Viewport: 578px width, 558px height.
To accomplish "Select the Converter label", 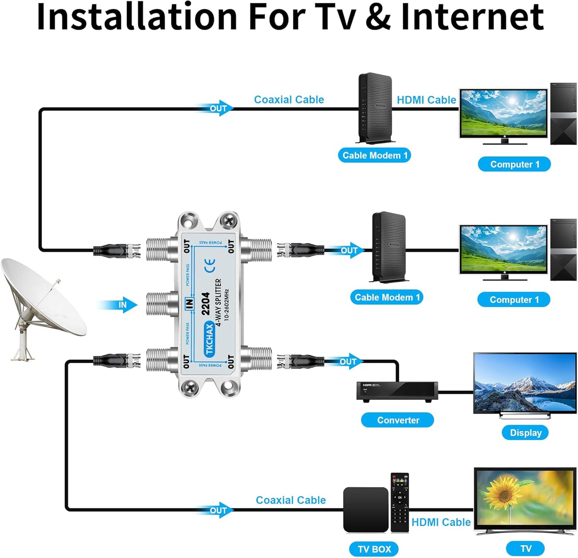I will pos(397,420).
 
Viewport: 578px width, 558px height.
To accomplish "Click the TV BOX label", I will pos(374,549).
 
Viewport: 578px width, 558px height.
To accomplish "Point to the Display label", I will pos(525,432).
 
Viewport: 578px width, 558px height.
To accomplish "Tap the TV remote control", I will pos(400,502).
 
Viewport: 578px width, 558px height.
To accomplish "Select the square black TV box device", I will pos(366,509).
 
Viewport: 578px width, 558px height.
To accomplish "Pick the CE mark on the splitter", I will pos(210,265).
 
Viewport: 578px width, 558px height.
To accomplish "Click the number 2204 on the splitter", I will pos(206,304).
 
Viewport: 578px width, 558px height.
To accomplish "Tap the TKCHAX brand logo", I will pos(209,340).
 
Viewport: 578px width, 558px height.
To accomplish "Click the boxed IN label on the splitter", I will pos(189,304).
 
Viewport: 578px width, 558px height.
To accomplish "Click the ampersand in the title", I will pos(378,17).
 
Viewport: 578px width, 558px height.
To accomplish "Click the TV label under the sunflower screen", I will pos(525,548).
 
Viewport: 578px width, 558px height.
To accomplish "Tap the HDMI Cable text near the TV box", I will pos(441,522).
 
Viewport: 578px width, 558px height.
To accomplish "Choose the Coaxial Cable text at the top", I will pos(289,100).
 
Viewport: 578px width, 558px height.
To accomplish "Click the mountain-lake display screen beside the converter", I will pos(525,383).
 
